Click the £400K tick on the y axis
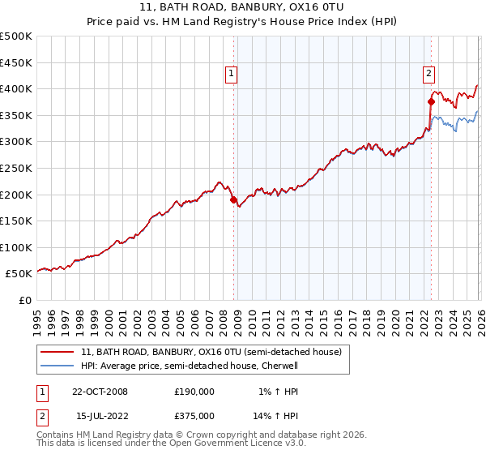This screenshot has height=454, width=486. pyautogui.click(x=16, y=89)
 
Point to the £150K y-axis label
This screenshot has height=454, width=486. pyautogui.click(x=16, y=221)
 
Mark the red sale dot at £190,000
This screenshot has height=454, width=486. pyautogui.click(x=234, y=199)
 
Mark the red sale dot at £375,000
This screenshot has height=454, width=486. pyautogui.click(x=431, y=102)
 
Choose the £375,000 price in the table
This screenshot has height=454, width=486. pyautogui.click(x=194, y=416)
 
